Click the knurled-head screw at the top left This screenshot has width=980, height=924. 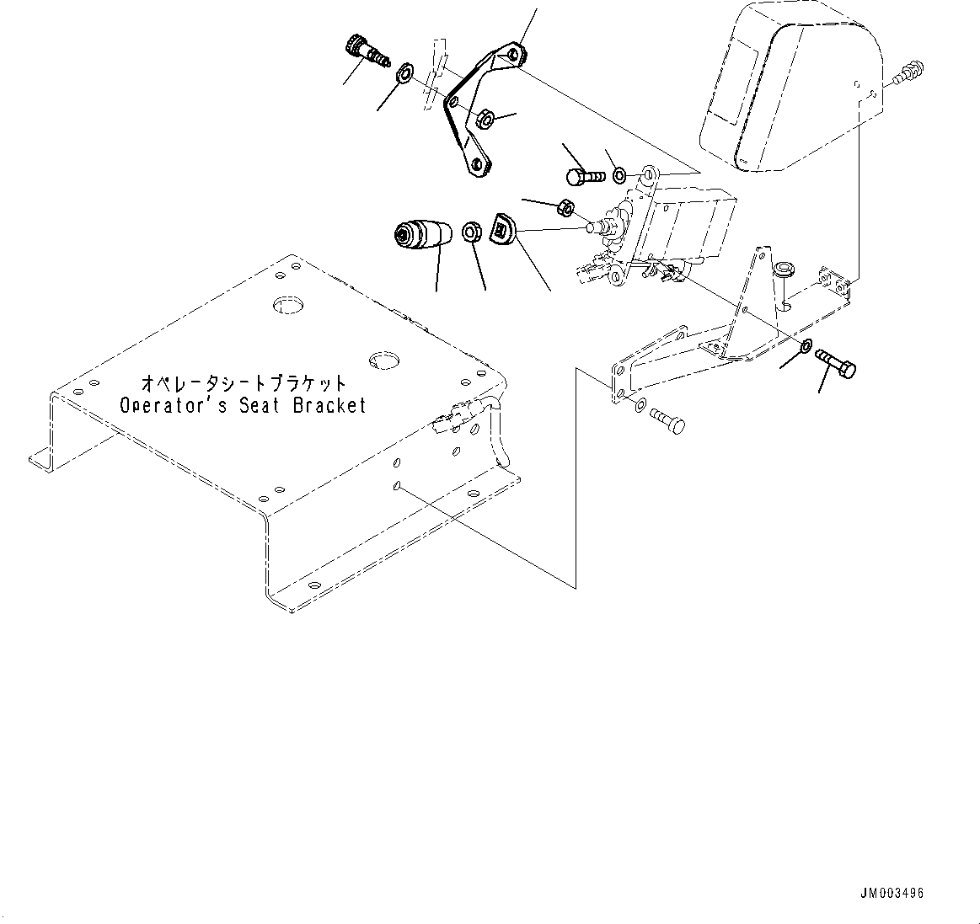[367, 50]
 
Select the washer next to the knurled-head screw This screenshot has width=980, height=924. [404, 74]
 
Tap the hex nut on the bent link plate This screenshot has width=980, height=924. [485, 119]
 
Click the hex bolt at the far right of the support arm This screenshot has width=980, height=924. [836, 364]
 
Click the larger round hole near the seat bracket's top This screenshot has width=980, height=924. [287, 304]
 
